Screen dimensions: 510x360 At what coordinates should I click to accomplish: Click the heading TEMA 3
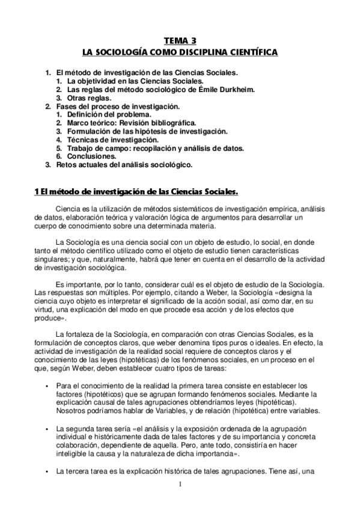180,41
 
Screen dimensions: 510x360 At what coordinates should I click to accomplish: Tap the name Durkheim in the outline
237,89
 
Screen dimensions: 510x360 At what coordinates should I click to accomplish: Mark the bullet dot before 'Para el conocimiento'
46,386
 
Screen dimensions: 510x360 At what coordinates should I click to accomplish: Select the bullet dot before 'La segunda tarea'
46,428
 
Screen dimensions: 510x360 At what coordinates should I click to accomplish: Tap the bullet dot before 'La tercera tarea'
46,471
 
